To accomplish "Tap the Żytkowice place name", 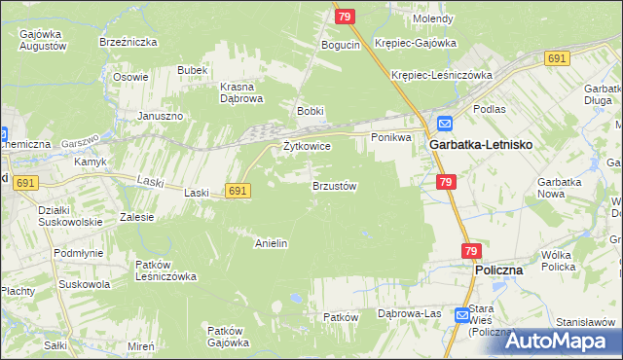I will point(307,146).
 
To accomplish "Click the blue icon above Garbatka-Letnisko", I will point(444,124).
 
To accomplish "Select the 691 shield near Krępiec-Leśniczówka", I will point(557,59).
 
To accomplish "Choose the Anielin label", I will point(271,243).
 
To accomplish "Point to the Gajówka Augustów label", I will point(42,40).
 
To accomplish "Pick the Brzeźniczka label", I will point(123,43).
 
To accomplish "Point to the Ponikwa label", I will point(391,137).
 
